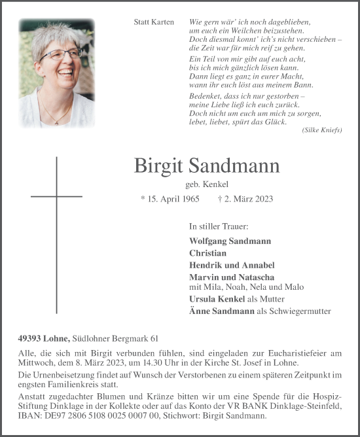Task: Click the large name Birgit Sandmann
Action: coord(206,166)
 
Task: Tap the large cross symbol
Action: coord(57,196)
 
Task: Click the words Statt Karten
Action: coord(154,22)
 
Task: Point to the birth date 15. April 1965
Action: coord(170,198)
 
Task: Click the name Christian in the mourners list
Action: coord(207,253)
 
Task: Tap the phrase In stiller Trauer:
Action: coord(218,226)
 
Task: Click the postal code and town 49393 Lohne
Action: coord(44,338)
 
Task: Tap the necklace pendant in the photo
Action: coord(62,120)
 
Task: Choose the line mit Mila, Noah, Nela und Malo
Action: coord(245,287)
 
